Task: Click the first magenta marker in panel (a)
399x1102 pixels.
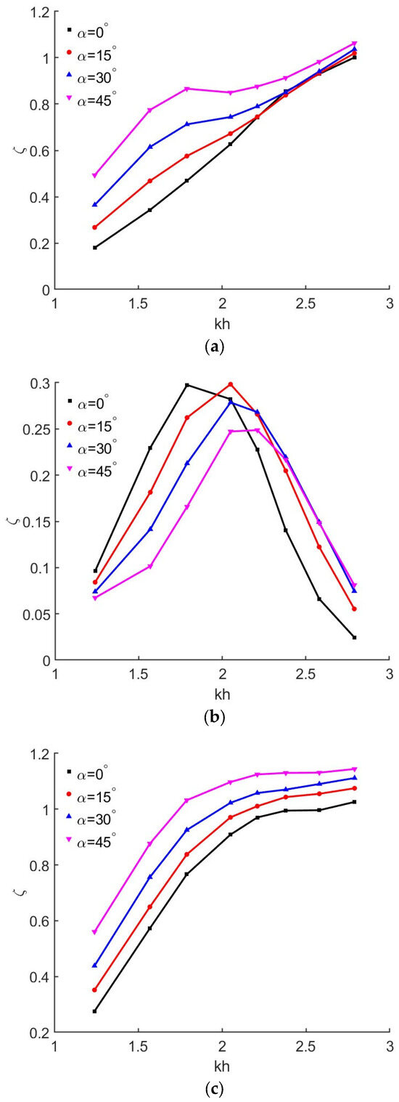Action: click(95, 176)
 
